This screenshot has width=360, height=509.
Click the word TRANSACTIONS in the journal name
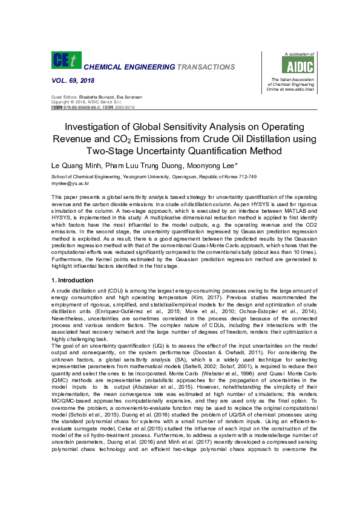(202, 66)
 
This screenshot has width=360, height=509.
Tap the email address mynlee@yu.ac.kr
(70, 183)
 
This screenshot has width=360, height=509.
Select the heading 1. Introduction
(73, 280)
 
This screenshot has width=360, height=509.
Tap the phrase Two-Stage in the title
(110, 151)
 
